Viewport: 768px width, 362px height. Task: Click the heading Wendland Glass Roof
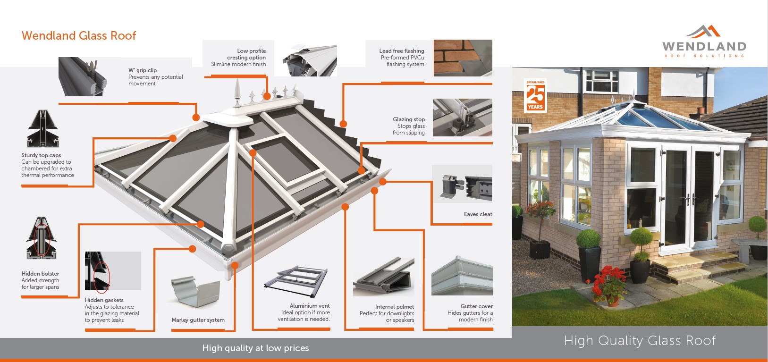[x=79, y=36]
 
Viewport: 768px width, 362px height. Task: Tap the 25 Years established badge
[x=535, y=96]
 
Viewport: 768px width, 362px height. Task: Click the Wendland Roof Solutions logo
[x=704, y=42]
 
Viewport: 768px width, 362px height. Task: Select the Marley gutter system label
[x=198, y=320]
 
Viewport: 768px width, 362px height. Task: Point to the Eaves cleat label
[x=478, y=214]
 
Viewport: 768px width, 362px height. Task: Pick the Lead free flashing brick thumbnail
[x=463, y=58]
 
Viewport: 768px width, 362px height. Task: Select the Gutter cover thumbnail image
[x=462, y=276]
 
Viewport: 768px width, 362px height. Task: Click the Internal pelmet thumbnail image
[x=384, y=277]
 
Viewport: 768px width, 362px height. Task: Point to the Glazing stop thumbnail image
[x=462, y=118]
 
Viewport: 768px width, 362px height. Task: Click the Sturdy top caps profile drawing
[x=42, y=129]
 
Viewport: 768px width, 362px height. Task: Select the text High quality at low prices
[x=255, y=348]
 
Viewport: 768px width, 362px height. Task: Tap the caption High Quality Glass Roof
[x=640, y=341]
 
